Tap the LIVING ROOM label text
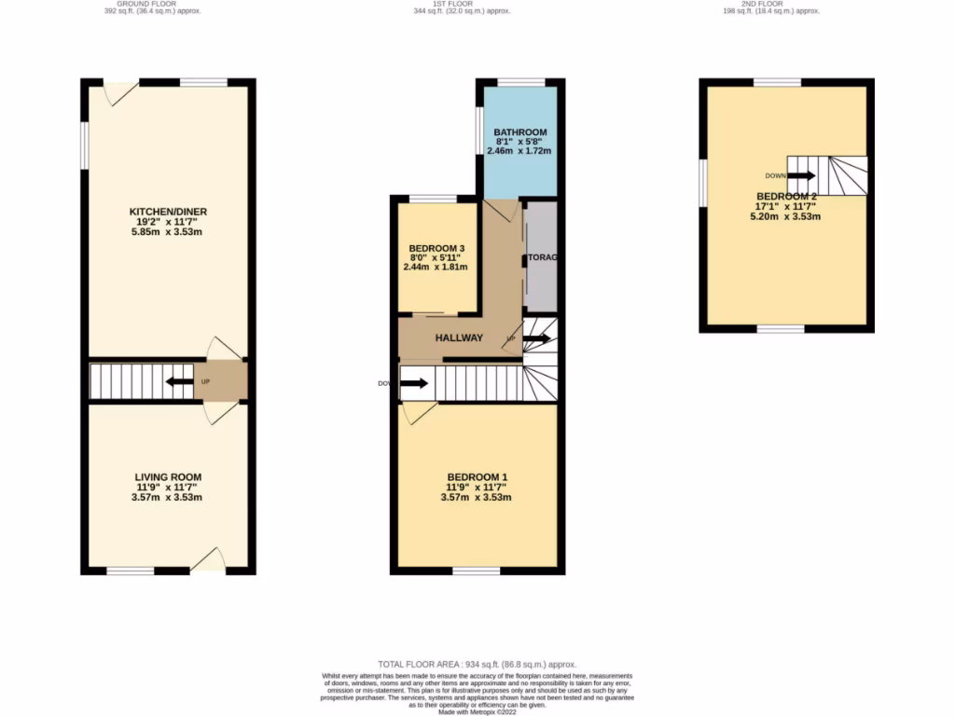168,477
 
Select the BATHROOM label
519,132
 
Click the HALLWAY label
459,337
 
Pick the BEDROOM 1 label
476,477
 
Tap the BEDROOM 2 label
786,197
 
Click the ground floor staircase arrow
174,380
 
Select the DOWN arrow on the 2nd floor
800,175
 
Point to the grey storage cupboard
539,257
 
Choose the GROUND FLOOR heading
151,4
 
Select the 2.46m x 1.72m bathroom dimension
519,151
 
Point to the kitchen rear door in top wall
121,92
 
